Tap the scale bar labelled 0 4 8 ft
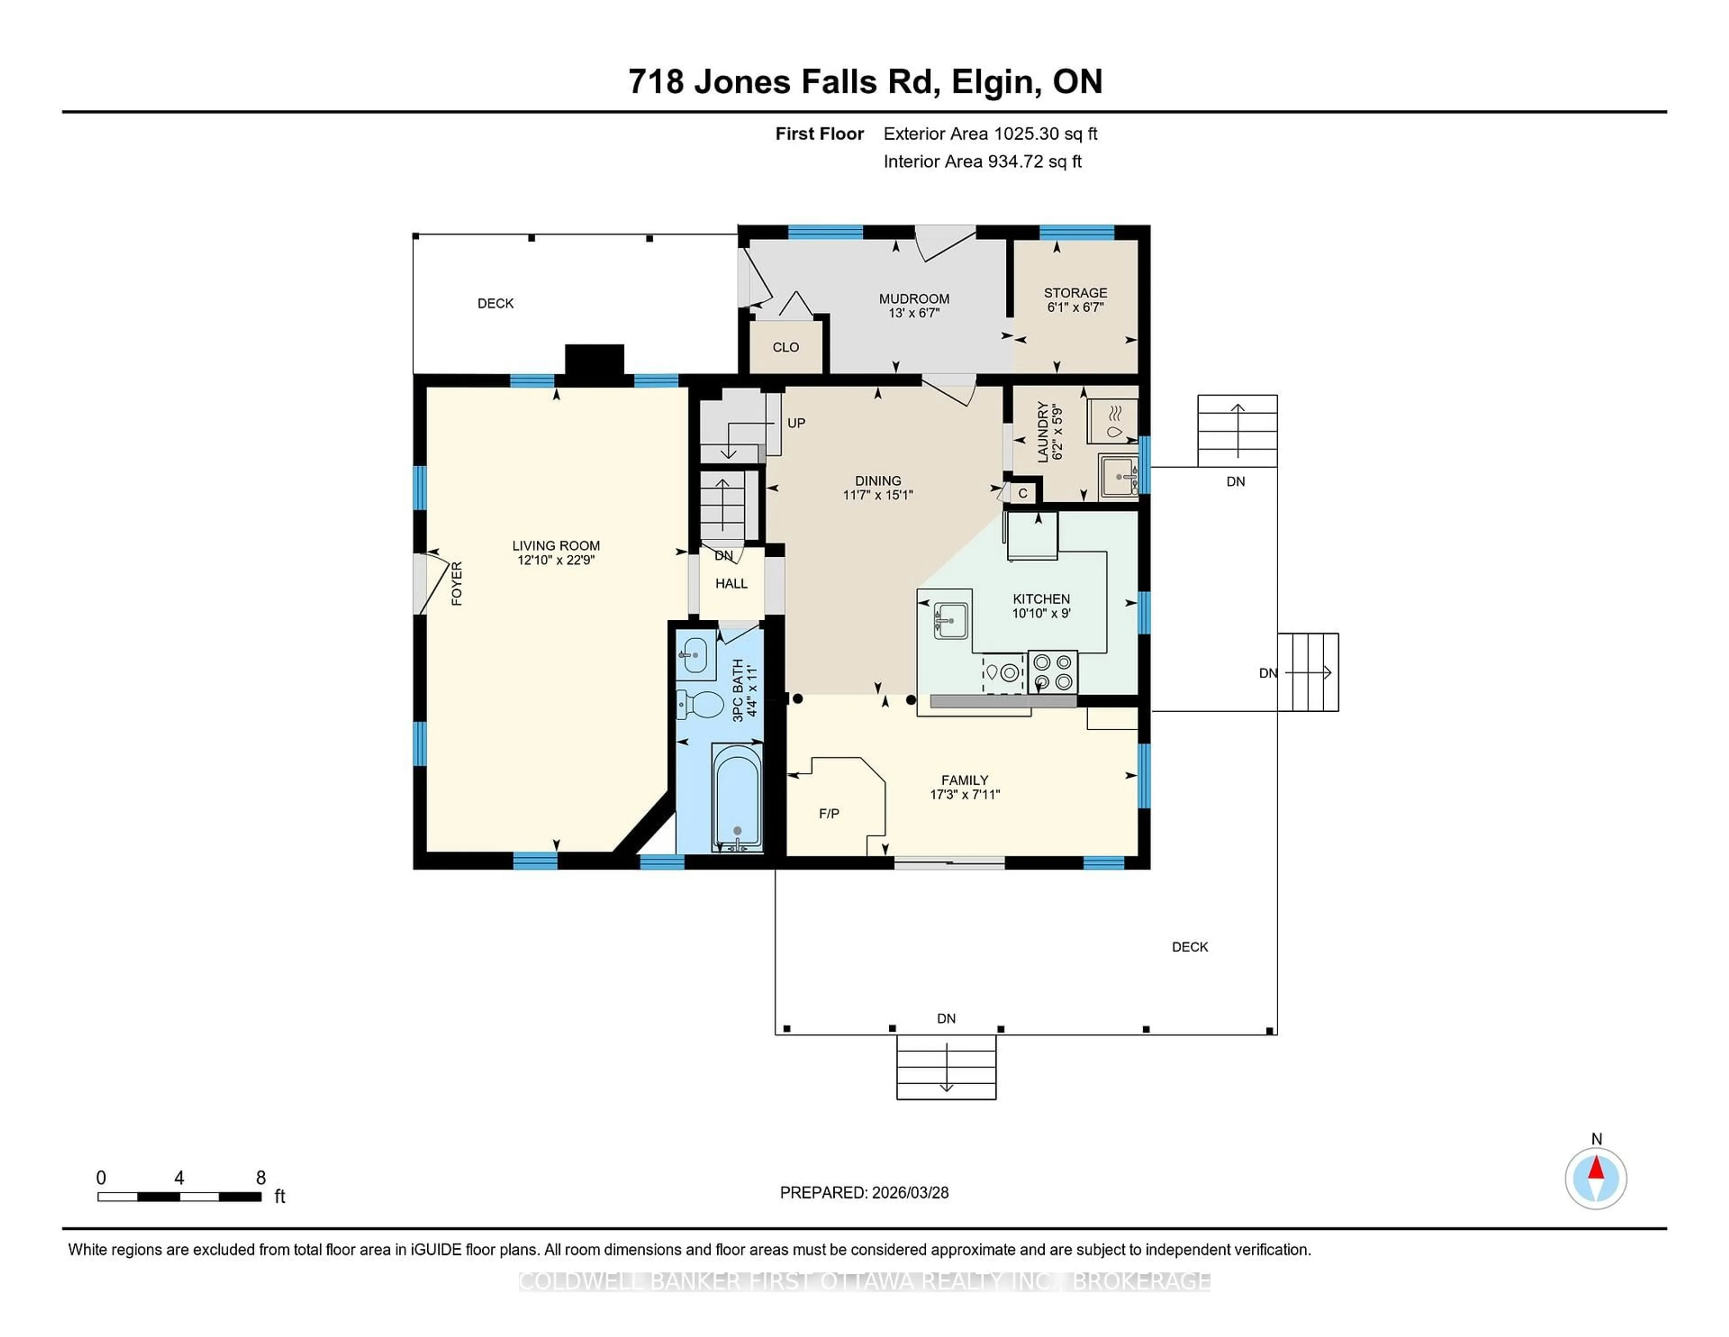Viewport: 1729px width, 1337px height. [x=180, y=1197]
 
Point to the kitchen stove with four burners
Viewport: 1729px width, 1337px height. [x=1053, y=672]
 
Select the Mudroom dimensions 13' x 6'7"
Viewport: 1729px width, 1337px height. [x=914, y=313]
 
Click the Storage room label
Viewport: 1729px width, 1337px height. [x=1075, y=293]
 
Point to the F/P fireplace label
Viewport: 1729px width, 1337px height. [x=829, y=814]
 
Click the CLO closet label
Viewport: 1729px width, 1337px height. [x=785, y=347]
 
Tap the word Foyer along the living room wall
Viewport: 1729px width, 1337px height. [x=457, y=584]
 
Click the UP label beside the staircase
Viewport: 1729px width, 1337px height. [x=796, y=423]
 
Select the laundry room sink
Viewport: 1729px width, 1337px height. [x=1118, y=476]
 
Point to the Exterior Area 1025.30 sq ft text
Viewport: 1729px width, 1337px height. [x=990, y=134]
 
